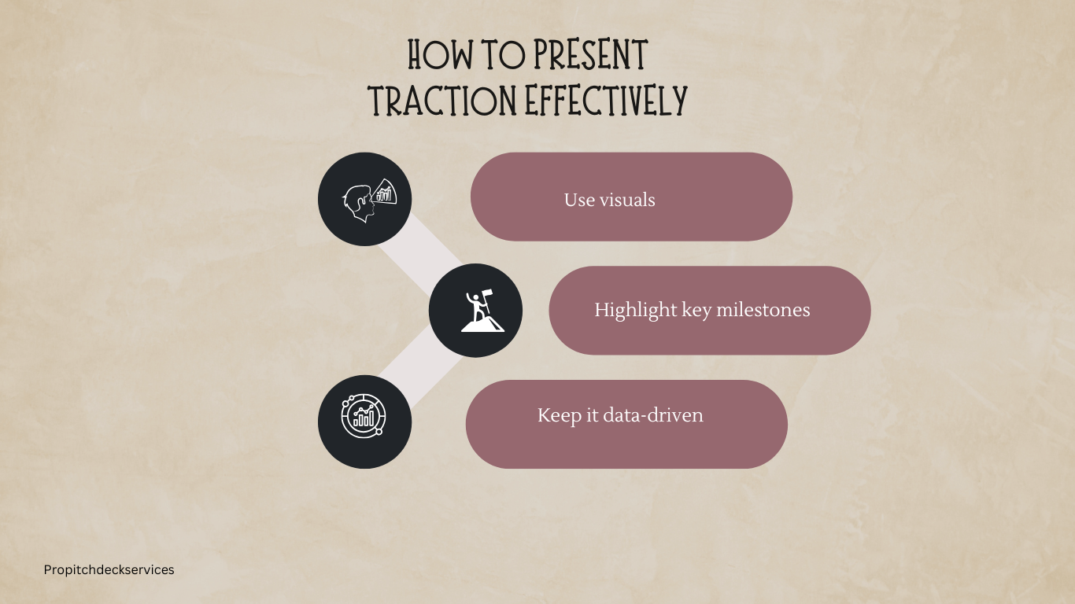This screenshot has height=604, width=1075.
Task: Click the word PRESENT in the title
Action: [x=590, y=55]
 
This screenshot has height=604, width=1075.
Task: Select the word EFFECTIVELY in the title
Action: [x=606, y=100]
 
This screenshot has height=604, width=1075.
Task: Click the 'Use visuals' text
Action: [x=609, y=200]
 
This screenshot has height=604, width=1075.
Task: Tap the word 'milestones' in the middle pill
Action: [x=763, y=310]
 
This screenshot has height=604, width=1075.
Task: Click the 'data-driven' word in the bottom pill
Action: [x=653, y=415]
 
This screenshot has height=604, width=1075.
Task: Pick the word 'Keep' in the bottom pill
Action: [x=559, y=416]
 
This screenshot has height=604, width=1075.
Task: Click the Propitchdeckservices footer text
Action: [x=109, y=570]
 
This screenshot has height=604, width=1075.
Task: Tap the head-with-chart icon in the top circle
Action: [x=370, y=200]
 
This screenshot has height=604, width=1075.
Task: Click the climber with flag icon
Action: [x=482, y=311]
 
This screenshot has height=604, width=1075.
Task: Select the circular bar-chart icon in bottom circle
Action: [x=364, y=415]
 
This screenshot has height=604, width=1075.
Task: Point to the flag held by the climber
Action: [x=486, y=293]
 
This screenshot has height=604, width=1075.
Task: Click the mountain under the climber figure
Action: [x=482, y=324]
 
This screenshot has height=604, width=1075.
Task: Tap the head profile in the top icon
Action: [x=359, y=204]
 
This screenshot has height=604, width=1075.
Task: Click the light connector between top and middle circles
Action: [x=421, y=254]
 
